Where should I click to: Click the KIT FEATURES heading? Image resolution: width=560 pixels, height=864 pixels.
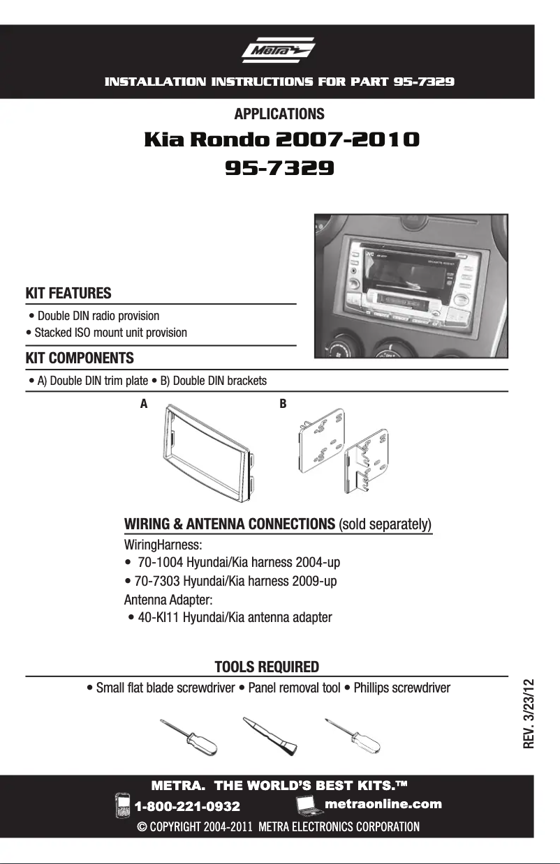point(68,293)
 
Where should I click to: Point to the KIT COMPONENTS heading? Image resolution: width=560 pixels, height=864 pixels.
point(80,358)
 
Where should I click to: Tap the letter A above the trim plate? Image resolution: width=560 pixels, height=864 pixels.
point(144,404)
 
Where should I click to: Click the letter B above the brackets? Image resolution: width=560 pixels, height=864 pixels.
point(283,404)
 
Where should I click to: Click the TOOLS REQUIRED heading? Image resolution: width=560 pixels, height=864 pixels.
point(267,667)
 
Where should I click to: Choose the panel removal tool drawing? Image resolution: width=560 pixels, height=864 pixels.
point(270,736)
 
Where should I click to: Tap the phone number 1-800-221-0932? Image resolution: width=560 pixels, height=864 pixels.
point(187,807)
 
